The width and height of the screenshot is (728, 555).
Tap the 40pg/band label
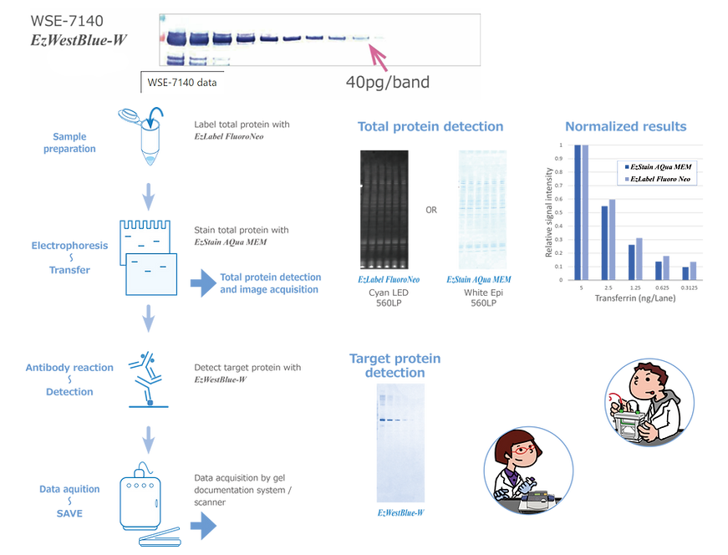pyautogui.click(x=388, y=83)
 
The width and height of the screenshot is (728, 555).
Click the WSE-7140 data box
pyautogui.click(x=182, y=82)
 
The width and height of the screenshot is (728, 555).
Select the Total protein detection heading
pyautogui.click(x=430, y=127)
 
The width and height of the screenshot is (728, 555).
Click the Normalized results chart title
pyautogui.click(x=625, y=127)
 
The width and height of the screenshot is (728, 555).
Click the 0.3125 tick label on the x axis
pyautogui.click(x=689, y=288)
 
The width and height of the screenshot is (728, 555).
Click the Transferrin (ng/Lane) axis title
pyautogui.click(x=634, y=298)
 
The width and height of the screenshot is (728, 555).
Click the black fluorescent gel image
pyautogui.click(x=384, y=208)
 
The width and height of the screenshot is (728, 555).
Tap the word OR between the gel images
pyautogui.click(x=431, y=210)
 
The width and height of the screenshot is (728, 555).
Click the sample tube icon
pyautogui.click(x=145, y=134)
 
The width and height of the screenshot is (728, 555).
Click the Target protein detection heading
pyautogui.click(x=395, y=365)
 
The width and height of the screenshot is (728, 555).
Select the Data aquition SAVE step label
pyautogui.click(x=69, y=501)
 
